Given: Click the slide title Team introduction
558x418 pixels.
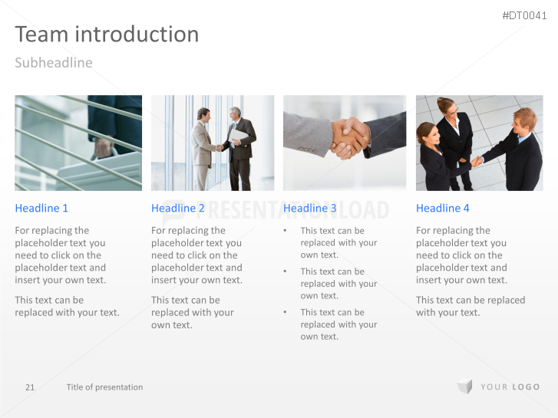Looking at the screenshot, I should coord(107,35).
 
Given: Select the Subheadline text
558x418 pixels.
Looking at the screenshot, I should coord(53,63).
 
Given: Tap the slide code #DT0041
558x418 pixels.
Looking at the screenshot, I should coord(527,15).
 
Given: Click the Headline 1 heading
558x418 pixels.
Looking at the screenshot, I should coord(41,208).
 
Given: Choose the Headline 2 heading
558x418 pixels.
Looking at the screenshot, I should coord(178,208).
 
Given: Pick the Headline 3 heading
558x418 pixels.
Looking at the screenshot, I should coord(310,208).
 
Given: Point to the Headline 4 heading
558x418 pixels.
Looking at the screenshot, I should coord(443,208).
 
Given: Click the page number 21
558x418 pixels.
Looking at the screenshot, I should coord(30,387).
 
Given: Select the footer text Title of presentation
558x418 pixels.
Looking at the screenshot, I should coord(104,387).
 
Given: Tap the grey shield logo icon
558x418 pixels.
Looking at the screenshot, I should coord(464,387).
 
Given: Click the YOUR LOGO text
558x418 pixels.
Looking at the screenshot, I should coord(510,387).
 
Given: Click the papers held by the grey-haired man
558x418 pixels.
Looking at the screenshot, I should coord(239,137).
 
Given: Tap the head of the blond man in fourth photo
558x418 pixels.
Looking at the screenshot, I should coord(524,119).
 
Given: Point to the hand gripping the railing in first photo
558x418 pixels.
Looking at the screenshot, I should coord(102,146).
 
